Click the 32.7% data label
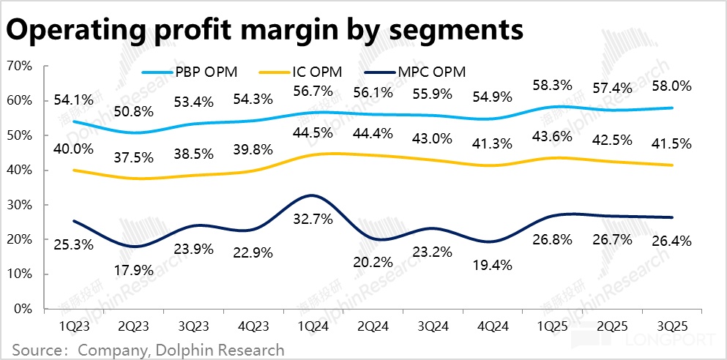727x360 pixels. [313, 217]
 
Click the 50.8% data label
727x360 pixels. [134, 113]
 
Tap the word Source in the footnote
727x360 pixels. [34, 350]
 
